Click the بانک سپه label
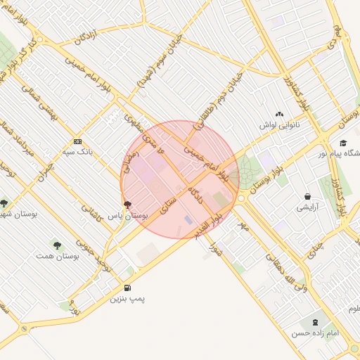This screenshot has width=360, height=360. (78, 151)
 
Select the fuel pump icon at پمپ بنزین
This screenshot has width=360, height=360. (127, 288)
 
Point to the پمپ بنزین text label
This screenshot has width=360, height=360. (127, 299)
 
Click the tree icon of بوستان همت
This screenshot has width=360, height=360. (57, 245)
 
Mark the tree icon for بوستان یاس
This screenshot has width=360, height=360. (127, 205)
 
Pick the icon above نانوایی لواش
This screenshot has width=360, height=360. (280, 113)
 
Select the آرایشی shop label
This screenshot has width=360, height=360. (308, 207)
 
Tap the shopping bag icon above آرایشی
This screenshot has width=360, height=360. (308, 196)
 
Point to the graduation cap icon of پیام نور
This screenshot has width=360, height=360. (342, 143)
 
